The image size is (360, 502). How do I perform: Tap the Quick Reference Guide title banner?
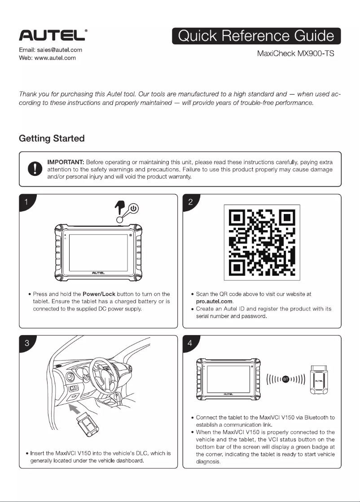point(256,36)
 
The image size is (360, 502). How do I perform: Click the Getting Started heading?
point(52,138)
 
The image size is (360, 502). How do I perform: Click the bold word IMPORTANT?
point(66,162)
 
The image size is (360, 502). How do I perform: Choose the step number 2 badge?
point(190,202)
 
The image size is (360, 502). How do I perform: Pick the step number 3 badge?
point(26,343)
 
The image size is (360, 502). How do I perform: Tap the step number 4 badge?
point(190,343)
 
